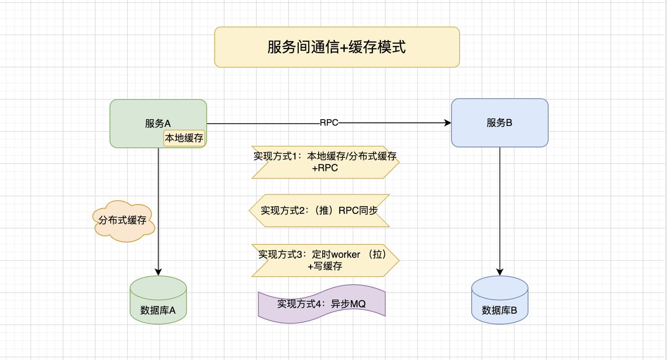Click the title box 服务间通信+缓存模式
pyautogui.click(x=337, y=47)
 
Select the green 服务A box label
pyautogui.click(x=158, y=123)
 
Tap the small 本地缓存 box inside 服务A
pyautogui.click(x=184, y=138)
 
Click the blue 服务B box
pyautogui.click(x=499, y=123)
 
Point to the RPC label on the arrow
pyautogui.click(x=329, y=123)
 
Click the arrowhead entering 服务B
pyautogui.click(x=448, y=123)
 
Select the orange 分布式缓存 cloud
pyautogui.click(x=123, y=220)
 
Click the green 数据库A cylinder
pyautogui.click(x=158, y=301)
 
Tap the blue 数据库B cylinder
pyautogui.click(x=499, y=301)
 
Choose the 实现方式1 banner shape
pyautogui.click(x=325, y=162)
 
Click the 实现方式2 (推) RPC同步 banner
pyautogui.click(x=319, y=211)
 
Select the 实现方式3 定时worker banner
pyautogui.click(x=325, y=260)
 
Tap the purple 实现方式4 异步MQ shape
pyautogui.click(x=321, y=304)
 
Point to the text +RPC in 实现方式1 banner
pyautogui.click(x=324, y=168)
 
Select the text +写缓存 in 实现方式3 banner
pyautogui.click(x=325, y=266)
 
